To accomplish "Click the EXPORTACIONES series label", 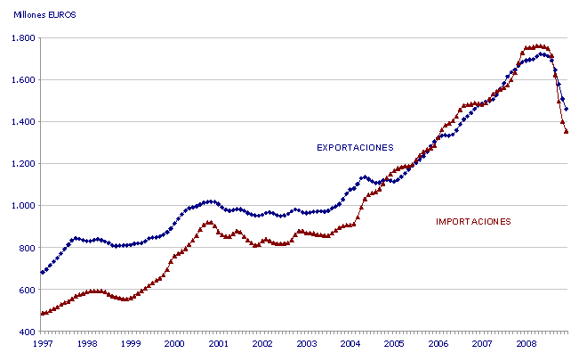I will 355,147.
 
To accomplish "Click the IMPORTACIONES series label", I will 473,221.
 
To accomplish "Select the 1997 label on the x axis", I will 43,343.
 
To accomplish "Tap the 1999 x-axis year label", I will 130,343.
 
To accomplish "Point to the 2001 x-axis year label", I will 218,343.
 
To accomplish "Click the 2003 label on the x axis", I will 305,343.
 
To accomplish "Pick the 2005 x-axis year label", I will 393,343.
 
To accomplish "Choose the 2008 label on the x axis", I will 525,343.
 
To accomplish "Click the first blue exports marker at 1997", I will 43,272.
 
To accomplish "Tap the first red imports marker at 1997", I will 43,313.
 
